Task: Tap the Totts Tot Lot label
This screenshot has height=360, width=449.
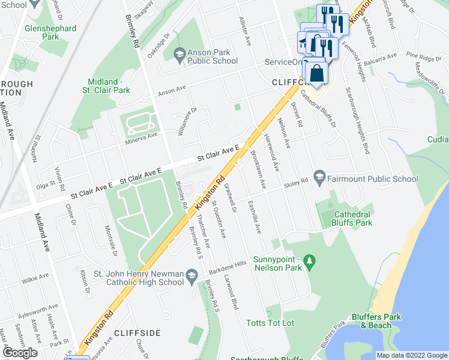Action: click(270, 323)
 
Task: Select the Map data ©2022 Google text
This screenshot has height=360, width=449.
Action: click(411, 355)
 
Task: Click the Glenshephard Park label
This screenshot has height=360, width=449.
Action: click(50, 32)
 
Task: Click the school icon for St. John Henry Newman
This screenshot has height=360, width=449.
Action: click(191, 276)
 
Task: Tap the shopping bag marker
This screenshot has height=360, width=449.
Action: click(316, 74)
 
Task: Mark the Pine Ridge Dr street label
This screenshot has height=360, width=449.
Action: click(420, 58)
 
